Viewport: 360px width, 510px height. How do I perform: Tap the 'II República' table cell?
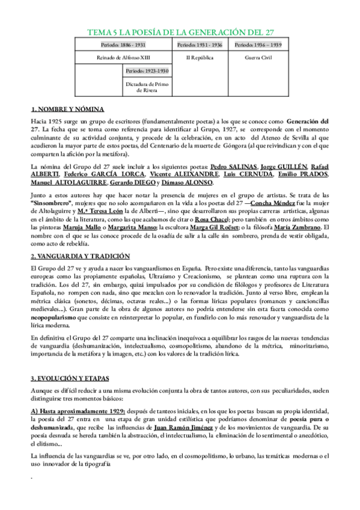coord(201,58)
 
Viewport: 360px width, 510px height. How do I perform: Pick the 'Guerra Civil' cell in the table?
coord(259,58)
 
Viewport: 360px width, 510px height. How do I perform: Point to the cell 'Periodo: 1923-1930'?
coord(147,71)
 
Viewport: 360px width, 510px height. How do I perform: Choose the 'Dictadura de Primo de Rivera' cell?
coord(147,87)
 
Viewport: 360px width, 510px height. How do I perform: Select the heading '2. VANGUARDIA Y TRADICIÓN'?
coord(80,256)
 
